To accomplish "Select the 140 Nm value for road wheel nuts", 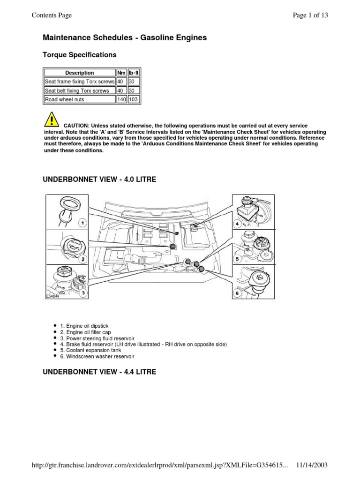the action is (x=121, y=99).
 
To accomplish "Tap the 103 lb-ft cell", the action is (x=134, y=99).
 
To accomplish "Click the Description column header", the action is (x=80, y=73).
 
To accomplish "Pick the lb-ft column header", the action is (x=134, y=73).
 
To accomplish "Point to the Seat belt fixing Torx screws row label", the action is (x=77, y=90).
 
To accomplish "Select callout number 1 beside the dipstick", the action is (x=82, y=223).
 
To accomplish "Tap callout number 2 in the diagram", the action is (x=82, y=259).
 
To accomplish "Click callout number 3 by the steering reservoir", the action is (x=82, y=293).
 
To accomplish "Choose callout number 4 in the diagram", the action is (x=237, y=224).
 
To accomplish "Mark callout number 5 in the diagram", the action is (x=237, y=258).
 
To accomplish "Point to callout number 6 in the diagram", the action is (x=237, y=293).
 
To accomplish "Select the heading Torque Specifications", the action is (x=80, y=55).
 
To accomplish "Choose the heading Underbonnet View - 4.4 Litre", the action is (x=99, y=372).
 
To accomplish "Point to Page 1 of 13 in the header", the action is (x=310, y=15).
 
